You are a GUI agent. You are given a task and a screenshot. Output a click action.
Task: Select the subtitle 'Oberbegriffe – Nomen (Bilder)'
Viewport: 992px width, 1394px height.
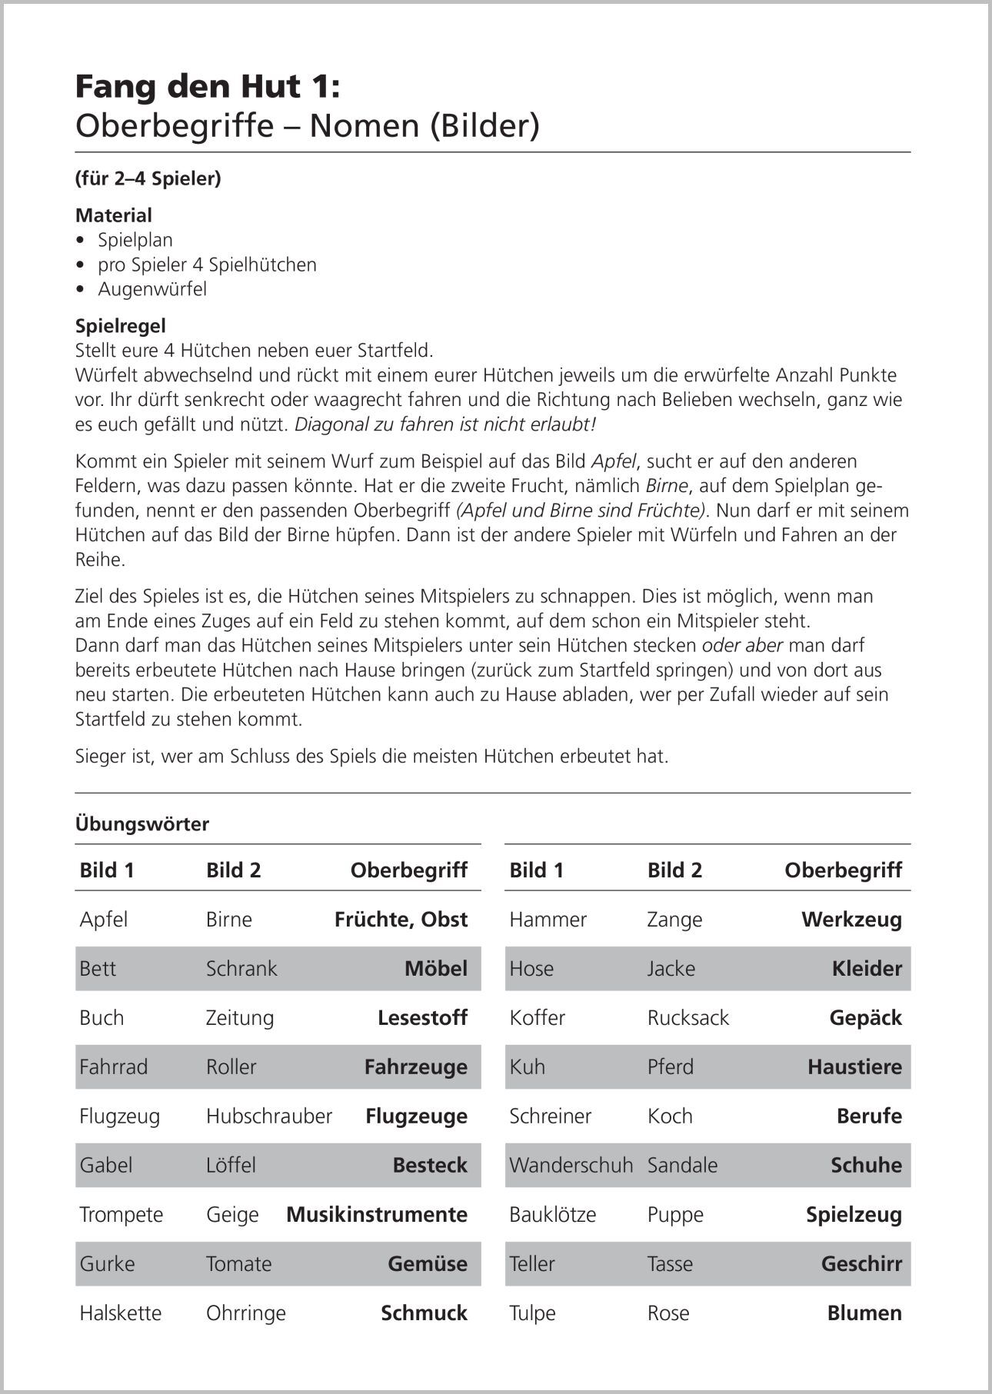pos(307,126)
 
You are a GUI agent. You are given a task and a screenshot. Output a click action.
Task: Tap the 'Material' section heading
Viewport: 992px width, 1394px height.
pos(114,215)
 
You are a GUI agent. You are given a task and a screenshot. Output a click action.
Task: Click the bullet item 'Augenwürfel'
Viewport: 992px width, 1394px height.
pos(152,289)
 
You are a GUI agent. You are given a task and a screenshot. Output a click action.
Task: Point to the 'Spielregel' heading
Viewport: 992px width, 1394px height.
pos(121,326)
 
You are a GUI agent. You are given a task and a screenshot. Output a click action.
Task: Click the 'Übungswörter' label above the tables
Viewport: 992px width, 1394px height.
pos(142,824)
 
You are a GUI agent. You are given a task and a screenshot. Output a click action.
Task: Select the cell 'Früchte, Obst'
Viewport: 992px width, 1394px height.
pos(401,920)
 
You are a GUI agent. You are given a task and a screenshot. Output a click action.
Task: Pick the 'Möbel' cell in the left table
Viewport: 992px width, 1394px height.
pos(435,969)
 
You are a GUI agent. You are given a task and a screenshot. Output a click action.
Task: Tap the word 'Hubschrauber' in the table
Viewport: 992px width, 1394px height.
pos(268,1116)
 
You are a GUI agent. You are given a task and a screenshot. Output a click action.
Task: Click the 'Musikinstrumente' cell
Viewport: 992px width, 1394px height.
pos(377,1215)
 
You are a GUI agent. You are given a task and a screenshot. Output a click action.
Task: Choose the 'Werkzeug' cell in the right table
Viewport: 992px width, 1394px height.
pos(851,920)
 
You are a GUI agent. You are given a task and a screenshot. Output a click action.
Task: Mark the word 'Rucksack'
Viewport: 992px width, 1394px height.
pos(687,1018)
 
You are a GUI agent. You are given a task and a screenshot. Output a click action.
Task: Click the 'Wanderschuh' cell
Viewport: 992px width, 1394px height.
pos(571,1166)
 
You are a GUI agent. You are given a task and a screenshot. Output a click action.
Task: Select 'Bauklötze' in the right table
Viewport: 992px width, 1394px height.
pos(552,1215)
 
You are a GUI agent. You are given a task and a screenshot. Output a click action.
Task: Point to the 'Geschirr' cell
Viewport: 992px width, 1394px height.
pos(861,1264)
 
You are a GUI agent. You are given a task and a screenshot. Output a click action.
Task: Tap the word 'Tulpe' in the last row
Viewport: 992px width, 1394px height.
pos(532,1313)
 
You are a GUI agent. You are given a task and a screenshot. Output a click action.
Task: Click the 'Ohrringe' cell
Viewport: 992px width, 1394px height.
pos(245,1313)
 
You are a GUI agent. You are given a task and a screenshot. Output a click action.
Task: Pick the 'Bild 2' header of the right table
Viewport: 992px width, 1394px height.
pos(674,870)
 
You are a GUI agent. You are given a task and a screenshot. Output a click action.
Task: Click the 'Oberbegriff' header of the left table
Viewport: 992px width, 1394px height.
pos(408,870)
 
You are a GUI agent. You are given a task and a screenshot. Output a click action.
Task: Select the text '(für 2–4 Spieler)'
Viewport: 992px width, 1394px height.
pos(148,178)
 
